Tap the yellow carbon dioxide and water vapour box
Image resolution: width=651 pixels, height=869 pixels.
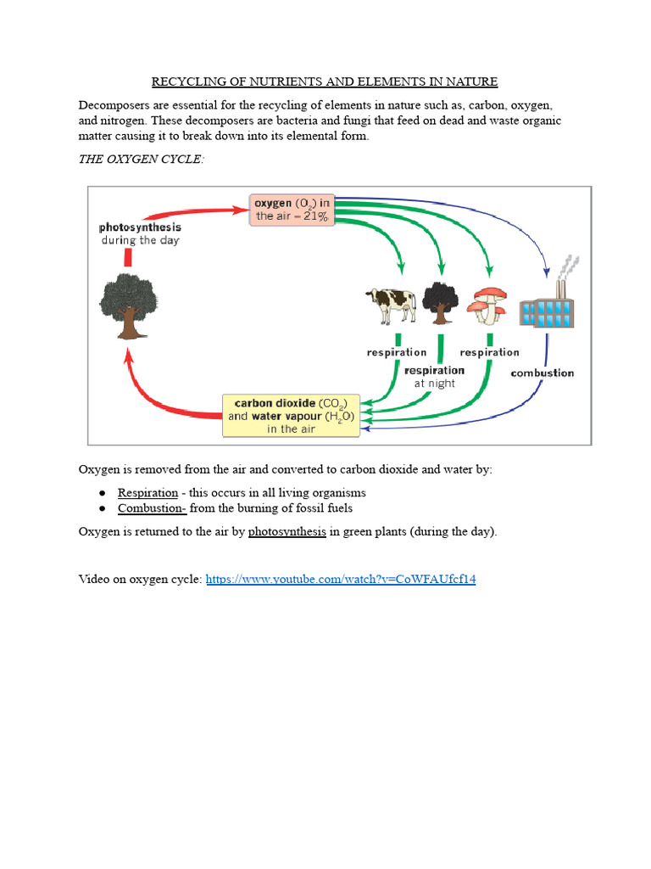coord(291,416)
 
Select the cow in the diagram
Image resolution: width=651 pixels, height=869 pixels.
coord(391,304)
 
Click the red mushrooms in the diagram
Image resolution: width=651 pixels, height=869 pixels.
coord(489,305)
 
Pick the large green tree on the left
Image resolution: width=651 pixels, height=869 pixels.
coord(128,301)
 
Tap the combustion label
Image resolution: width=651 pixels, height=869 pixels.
coord(542,373)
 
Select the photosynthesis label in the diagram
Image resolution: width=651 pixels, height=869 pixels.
coord(141,227)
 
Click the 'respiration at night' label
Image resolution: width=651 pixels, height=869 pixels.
coord(435,377)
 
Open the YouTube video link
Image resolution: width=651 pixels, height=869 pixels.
coord(341,579)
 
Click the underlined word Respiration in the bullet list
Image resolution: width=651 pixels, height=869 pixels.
coord(147,492)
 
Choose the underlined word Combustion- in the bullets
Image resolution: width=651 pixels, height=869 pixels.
coord(152,508)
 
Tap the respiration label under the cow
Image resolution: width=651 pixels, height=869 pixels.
coord(396,352)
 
